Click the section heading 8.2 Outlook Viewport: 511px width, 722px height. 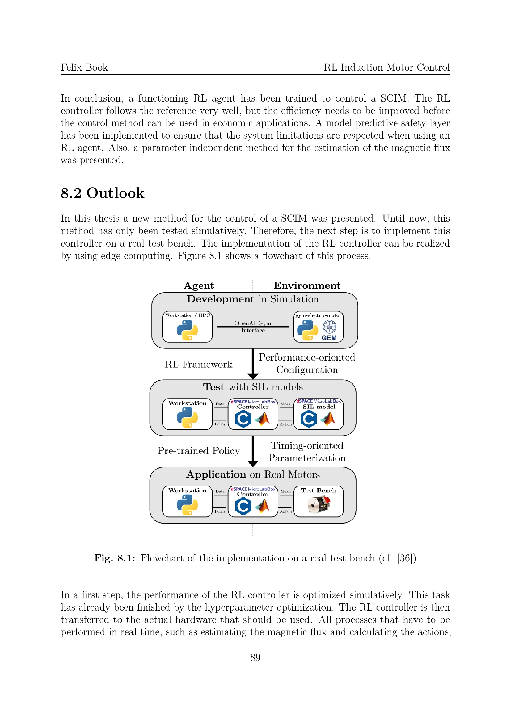point(102,193)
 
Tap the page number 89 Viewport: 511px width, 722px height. point(255,657)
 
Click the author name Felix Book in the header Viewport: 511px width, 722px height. point(84,67)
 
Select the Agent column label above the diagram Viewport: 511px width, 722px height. point(199,286)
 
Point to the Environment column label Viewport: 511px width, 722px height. point(307,286)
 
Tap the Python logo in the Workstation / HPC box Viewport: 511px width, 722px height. point(187,330)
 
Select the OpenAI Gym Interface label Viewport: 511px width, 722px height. point(253,326)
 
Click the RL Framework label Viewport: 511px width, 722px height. point(199,364)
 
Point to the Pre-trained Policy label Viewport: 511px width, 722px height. point(199,451)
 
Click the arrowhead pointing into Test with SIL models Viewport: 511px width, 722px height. point(253,376)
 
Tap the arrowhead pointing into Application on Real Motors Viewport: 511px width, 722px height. point(253,464)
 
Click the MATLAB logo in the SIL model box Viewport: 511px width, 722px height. point(328,419)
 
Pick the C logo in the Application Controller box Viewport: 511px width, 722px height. point(243,506)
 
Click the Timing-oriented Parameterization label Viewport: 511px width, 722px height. point(307,452)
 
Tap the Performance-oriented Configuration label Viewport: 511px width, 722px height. point(307,364)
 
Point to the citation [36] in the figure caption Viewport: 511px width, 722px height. point(404,558)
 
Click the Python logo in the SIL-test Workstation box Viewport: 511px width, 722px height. point(187,418)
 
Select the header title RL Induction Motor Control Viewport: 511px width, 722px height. point(387,67)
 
